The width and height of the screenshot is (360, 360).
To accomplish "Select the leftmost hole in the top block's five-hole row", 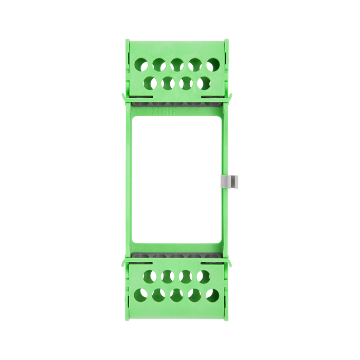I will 140,64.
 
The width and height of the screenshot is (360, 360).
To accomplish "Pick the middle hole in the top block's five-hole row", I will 176,64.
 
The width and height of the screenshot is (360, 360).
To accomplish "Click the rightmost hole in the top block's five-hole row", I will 213,64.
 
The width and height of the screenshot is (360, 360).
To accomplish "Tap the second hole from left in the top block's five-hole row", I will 158,64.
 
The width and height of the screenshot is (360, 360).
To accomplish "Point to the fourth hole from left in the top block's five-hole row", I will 195,64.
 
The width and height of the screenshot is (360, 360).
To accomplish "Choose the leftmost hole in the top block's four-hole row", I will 149,82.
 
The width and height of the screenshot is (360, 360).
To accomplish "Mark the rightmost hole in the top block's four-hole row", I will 204,82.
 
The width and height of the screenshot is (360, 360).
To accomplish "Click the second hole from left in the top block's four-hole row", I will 167,82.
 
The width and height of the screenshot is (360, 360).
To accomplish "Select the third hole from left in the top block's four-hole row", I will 186,82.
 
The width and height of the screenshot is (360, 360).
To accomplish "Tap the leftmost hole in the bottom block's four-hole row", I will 149,277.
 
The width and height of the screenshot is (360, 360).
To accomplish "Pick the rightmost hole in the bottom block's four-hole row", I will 204,277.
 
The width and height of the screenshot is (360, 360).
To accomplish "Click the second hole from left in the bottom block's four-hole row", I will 167,277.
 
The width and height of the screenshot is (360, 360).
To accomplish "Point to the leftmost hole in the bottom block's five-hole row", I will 140,295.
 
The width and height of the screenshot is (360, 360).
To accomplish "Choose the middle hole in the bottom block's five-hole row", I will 176,295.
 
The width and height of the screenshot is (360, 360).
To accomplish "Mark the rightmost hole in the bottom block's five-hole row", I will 213,295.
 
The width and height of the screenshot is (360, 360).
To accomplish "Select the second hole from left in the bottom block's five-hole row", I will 158,295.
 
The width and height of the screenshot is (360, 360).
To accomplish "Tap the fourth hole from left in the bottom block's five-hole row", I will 195,295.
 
